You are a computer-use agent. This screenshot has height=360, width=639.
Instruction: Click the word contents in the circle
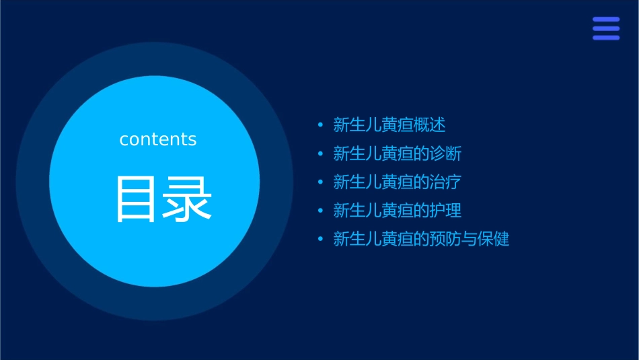(x=158, y=139)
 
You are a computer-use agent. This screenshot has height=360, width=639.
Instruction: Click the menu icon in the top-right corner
(x=605, y=28)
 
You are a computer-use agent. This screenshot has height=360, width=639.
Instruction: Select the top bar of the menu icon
(x=605, y=20)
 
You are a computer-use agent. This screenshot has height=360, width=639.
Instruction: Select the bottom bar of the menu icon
(x=605, y=38)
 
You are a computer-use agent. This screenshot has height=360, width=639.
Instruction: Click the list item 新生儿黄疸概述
(x=389, y=125)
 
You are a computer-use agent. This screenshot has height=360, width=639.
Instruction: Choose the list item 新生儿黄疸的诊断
(x=398, y=153)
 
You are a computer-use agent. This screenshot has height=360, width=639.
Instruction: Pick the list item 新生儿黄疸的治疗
(x=398, y=182)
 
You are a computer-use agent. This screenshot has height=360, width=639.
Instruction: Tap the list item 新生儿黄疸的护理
(x=398, y=211)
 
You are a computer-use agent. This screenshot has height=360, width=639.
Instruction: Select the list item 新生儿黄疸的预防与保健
(x=421, y=239)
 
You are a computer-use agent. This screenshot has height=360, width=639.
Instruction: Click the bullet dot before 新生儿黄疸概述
(x=320, y=125)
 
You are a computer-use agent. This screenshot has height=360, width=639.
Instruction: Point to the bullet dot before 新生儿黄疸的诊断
(x=320, y=154)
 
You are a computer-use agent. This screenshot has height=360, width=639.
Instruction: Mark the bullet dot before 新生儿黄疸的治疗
(x=320, y=182)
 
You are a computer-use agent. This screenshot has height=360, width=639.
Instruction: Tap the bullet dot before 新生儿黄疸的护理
(x=320, y=211)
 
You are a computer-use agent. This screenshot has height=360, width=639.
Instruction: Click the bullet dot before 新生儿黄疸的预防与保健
(x=320, y=240)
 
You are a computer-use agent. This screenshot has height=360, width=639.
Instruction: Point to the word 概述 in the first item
(x=430, y=125)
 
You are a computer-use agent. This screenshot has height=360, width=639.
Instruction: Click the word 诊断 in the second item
(x=446, y=153)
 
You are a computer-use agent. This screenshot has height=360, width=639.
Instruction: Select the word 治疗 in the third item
(x=446, y=182)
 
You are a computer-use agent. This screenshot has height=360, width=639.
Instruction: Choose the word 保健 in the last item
(x=494, y=239)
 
